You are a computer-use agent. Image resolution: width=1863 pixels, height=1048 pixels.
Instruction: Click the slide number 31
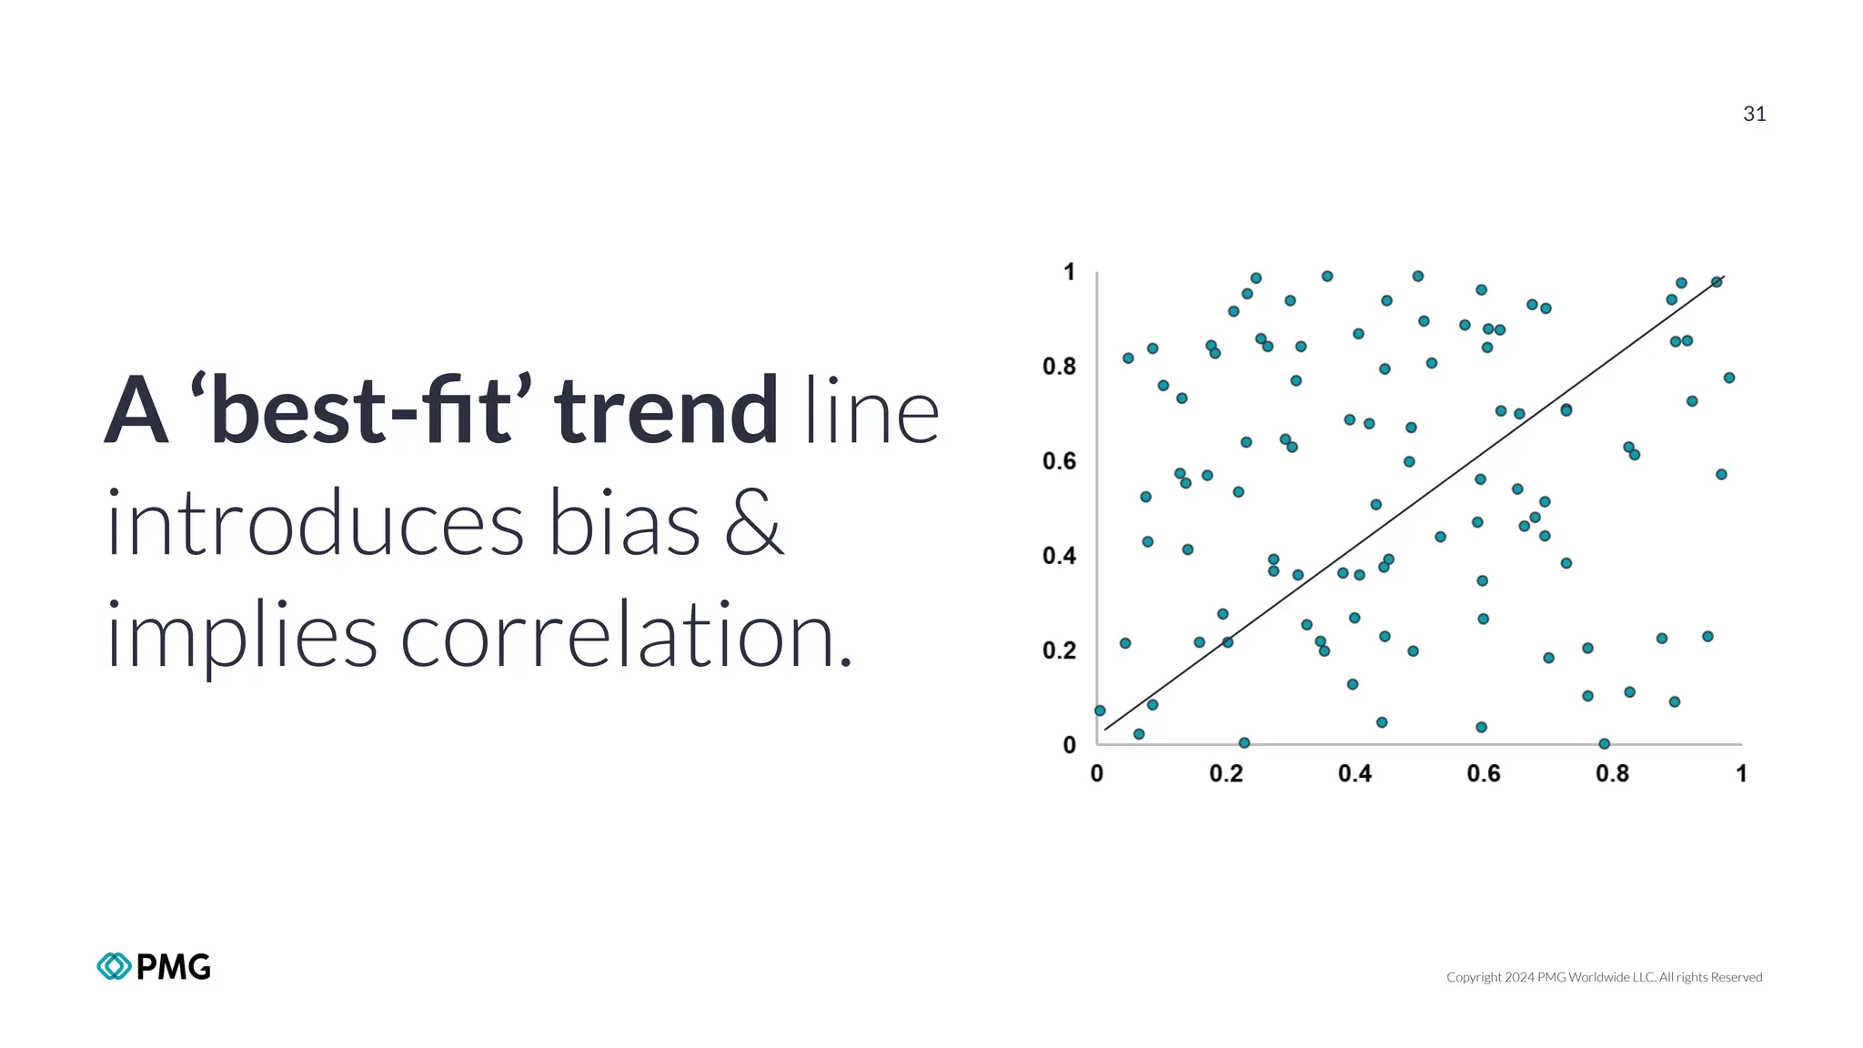(x=1754, y=114)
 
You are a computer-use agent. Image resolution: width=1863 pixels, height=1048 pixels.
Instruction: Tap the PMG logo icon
(x=114, y=966)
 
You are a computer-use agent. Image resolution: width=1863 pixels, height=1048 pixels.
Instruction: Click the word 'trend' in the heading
(x=666, y=411)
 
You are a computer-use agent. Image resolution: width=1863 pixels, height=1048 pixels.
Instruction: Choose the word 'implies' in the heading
(x=241, y=637)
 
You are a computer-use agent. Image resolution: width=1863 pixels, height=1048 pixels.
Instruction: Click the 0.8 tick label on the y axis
(x=1059, y=367)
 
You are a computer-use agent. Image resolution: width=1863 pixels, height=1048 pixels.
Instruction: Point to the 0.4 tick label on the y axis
(x=1059, y=556)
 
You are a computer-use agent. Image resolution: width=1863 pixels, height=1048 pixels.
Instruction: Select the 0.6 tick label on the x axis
(x=1484, y=774)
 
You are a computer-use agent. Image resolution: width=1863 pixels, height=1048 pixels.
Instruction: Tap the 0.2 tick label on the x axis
(x=1225, y=774)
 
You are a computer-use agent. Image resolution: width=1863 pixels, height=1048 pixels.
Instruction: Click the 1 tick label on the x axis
(x=1741, y=774)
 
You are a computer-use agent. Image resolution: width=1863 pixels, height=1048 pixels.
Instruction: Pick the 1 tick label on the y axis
(x=1069, y=272)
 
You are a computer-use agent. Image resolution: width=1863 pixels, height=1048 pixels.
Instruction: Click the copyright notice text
(x=1604, y=977)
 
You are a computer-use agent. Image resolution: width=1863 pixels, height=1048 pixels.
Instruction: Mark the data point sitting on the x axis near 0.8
(x=1604, y=744)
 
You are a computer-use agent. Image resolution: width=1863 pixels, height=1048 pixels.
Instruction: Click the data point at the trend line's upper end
(x=1717, y=282)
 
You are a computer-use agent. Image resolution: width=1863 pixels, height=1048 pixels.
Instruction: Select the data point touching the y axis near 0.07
(x=1100, y=710)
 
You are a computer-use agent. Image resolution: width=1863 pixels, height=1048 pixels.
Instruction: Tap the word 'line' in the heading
(x=871, y=411)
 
